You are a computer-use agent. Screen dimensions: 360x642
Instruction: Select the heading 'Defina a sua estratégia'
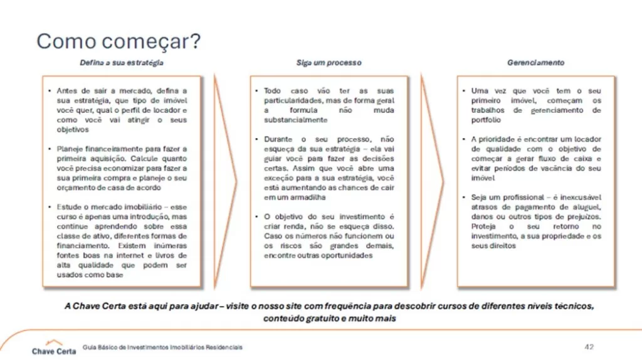tap(122, 63)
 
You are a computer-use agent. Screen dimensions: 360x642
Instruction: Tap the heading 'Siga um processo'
tap(329, 63)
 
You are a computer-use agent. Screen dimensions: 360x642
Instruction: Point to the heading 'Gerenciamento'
tap(535, 63)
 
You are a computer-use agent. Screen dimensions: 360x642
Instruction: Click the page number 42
tap(589, 347)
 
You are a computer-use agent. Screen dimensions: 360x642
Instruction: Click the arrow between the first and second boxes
tap(225, 182)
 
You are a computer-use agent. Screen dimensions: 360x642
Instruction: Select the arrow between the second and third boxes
tap(432, 182)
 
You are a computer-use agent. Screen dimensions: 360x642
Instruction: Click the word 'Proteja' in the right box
tap(486, 226)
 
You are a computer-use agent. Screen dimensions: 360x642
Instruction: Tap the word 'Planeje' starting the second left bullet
tap(69, 149)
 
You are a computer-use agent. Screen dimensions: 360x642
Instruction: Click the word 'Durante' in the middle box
tap(278, 139)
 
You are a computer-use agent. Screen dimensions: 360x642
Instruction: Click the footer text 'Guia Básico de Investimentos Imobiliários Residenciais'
tap(162, 347)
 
